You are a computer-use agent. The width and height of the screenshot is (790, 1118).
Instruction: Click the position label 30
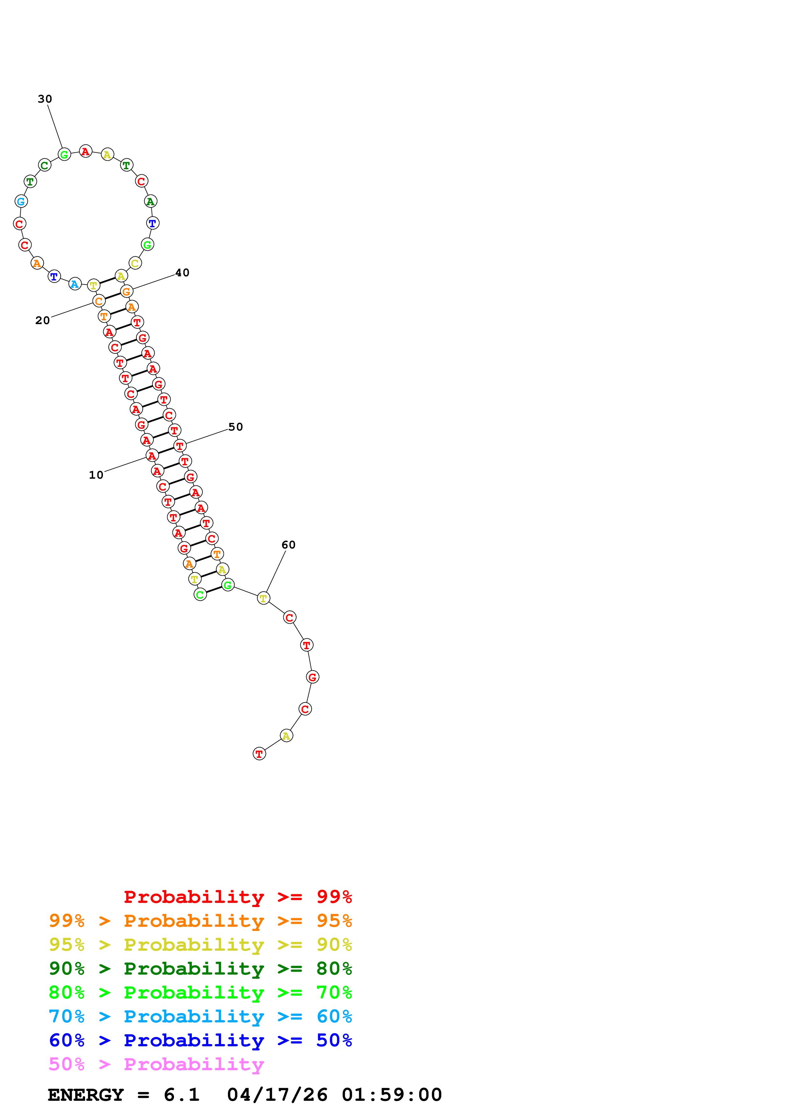tap(45, 99)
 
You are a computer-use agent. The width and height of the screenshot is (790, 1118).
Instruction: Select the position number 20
tap(43, 320)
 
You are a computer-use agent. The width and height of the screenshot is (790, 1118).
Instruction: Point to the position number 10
tap(96, 475)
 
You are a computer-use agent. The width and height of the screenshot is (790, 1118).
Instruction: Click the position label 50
tap(236, 427)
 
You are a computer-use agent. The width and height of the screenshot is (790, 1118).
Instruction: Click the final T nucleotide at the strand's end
tap(259, 754)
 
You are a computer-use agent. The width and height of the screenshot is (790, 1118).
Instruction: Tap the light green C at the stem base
tap(200, 595)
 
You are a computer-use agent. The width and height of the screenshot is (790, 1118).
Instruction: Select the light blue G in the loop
tap(21, 201)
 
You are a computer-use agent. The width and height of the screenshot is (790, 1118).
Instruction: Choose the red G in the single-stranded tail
tap(313, 677)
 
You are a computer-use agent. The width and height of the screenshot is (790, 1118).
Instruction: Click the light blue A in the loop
tap(75, 284)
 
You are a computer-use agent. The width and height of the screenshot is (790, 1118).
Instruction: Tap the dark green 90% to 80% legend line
tap(200, 969)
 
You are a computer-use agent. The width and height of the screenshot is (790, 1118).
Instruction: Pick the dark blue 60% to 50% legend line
tap(200, 1040)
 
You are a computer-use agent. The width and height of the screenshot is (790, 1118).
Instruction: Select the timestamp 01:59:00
tap(392, 1095)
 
